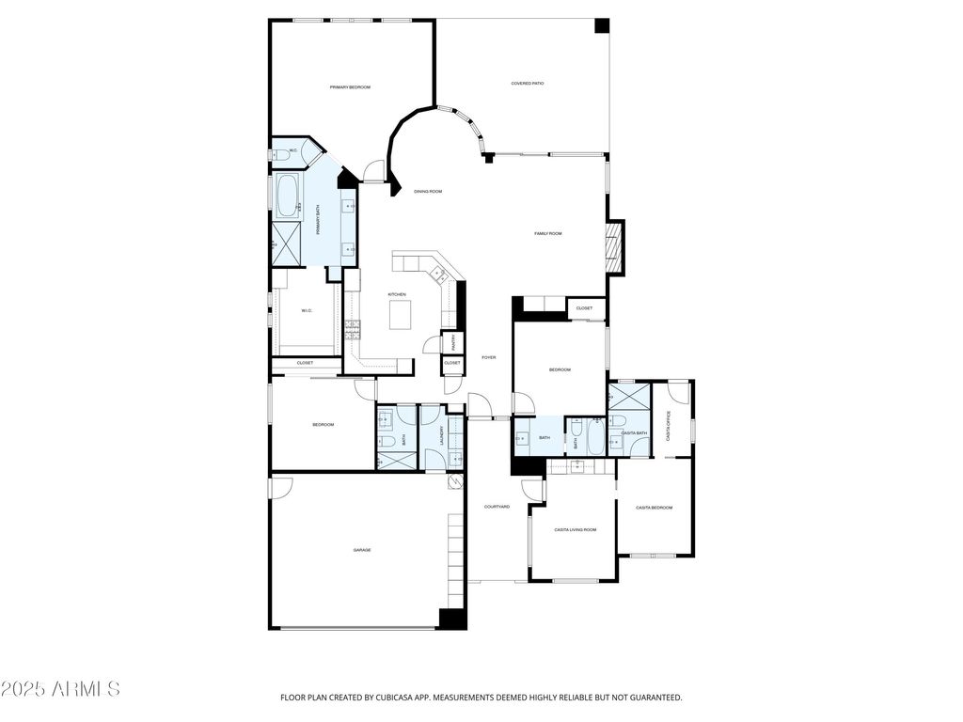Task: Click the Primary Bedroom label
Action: coord(350,87)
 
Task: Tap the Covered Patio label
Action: coord(528,84)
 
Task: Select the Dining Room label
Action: coord(428,192)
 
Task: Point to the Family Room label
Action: coord(548,233)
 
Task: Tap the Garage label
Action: coord(362,550)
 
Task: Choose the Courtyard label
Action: coord(497,507)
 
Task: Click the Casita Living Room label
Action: coord(575,530)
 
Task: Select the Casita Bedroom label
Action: coord(654,508)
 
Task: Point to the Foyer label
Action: coord(489,357)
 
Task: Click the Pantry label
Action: coord(452,341)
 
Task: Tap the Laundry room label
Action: coord(442,435)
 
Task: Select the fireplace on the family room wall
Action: coord(615,246)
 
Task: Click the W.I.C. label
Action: coord(307,311)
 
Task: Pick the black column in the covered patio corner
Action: coord(601,26)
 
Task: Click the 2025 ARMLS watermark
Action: coord(61,689)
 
